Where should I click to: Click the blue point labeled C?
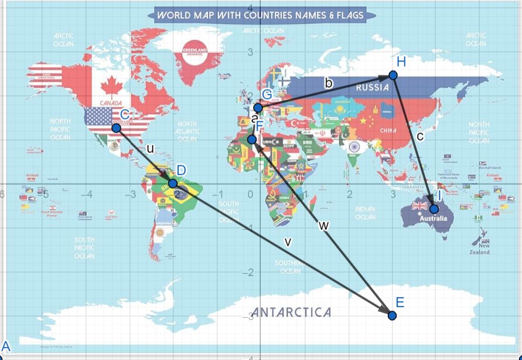tap(116, 128)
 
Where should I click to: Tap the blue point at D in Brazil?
tap(173, 184)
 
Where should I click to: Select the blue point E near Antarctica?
tap(392, 315)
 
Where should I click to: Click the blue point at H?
tap(393, 75)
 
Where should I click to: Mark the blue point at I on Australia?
tap(434, 209)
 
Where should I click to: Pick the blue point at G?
tap(258, 107)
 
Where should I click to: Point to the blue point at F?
tap(251, 140)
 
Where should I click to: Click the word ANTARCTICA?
tap(291, 312)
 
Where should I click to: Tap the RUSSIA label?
tap(372, 87)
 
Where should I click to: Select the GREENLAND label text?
tap(196, 51)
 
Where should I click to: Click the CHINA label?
tap(388, 130)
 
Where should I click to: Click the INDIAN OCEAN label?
tap(365, 213)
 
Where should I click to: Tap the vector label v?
tap(287, 241)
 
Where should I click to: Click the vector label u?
tap(151, 148)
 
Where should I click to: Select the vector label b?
tap(329, 84)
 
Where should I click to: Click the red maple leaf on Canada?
tap(110, 87)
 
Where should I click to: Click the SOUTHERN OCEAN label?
tap(291, 267)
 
